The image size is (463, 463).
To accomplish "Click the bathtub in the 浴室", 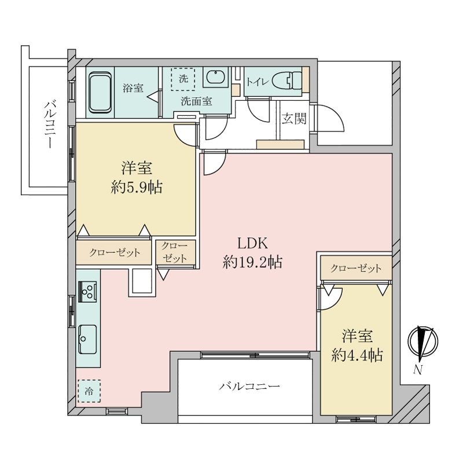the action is tap(100, 93).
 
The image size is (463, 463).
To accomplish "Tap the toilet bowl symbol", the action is tap(286, 81).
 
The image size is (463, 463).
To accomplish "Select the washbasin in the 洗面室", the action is tap(216, 77).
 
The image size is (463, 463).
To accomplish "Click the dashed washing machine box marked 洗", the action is tap(183, 79).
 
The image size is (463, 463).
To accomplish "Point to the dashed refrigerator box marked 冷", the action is tap(89, 391).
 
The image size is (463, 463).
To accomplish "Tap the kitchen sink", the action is tap(87, 339).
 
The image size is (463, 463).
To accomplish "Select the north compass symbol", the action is tap(423, 342).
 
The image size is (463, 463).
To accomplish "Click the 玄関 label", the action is tap(294, 119).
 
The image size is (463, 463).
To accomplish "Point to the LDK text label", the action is tap(253, 244).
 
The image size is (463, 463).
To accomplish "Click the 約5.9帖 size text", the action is tap(137, 187).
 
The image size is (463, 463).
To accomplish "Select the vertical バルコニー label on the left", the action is tap(50, 124).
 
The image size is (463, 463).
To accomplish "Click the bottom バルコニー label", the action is tap(249, 386).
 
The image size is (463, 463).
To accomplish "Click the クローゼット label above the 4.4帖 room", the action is tap(356, 269).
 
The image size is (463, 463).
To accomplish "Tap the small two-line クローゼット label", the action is tap(175, 252).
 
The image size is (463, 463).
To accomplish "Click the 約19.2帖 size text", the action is tap(253, 262).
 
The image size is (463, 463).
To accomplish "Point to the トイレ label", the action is tap(258, 82).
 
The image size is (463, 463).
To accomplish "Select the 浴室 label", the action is tap(133, 88).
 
